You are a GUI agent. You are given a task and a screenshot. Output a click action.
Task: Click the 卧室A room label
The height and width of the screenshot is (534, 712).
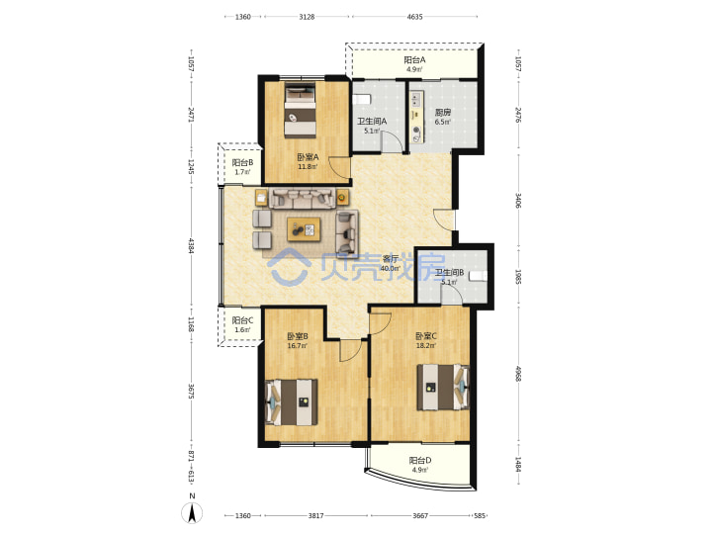[x=308, y=157]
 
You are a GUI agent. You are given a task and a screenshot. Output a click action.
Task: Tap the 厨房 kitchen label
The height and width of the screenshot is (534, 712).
[x=443, y=113]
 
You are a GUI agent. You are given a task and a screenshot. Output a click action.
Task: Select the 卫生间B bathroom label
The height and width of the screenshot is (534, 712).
[x=449, y=273]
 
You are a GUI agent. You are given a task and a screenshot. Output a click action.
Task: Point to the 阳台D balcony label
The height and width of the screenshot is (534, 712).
[x=420, y=461]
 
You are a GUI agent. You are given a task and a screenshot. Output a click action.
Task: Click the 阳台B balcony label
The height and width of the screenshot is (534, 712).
[x=242, y=162]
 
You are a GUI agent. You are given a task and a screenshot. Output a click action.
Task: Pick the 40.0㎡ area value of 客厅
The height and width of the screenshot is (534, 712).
[x=390, y=268]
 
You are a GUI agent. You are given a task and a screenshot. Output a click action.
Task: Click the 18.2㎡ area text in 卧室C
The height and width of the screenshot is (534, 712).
[x=426, y=345]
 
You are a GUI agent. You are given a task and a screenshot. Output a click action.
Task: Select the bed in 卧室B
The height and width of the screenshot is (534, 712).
[x=291, y=402]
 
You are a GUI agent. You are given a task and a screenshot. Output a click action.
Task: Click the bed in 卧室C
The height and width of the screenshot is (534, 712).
[x=444, y=388]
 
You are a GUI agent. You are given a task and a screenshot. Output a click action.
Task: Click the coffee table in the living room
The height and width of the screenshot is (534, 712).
[x=304, y=228]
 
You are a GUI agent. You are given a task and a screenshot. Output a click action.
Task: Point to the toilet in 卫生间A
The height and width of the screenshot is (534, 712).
[x=362, y=99]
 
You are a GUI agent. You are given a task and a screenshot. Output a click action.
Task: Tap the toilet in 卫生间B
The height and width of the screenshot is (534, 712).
[x=479, y=276]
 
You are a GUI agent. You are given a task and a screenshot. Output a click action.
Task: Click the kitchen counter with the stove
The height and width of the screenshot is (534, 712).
[x=417, y=117]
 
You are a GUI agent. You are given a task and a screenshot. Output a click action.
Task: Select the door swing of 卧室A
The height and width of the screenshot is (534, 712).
[x=339, y=167]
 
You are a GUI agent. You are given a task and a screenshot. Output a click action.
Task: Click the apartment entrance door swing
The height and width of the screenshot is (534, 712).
[x=443, y=220]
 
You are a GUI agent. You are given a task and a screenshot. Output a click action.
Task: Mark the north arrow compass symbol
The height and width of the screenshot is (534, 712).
[x=192, y=513]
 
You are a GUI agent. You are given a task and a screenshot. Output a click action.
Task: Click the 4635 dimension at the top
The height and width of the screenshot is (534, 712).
[x=414, y=17]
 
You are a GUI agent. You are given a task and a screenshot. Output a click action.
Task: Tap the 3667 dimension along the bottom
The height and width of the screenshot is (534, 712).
[x=420, y=515]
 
